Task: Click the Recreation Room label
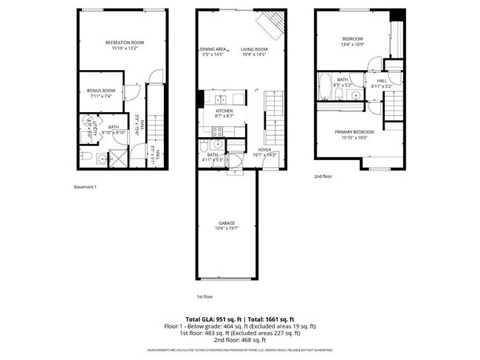124,43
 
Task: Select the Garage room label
227,223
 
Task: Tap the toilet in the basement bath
85,156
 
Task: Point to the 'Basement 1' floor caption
86,187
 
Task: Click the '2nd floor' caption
323,177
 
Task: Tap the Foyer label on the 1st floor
264,150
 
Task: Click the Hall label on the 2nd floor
382,80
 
